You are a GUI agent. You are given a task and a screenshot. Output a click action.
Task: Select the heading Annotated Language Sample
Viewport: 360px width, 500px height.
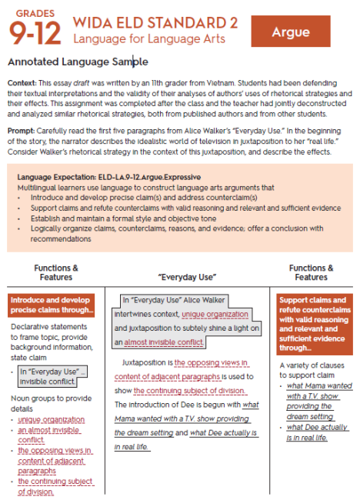[x=77, y=61]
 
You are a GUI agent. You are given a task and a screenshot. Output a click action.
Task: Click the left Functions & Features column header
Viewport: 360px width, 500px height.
[x=55, y=272]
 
